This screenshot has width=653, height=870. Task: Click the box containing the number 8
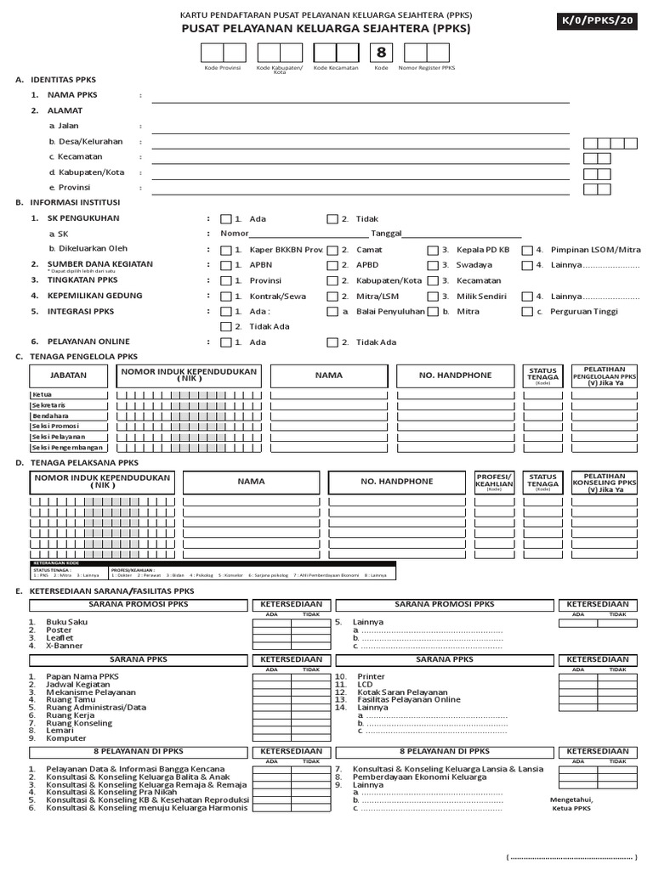point(381,53)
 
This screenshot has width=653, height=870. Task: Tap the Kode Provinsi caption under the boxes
point(223,67)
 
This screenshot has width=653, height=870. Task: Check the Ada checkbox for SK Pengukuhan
point(225,218)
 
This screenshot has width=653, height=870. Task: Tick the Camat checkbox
point(332,250)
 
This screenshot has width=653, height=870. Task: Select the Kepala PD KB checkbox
point(433,250)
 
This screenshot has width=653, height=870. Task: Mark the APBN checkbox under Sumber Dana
point(225,265)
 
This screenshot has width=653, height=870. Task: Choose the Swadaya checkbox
point(433,265)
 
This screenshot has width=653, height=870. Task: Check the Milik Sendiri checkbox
point(433,297)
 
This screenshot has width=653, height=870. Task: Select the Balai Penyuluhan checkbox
point(332,312)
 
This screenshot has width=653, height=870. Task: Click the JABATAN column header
point(68,375)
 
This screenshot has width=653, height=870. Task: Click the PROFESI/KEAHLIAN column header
point(494,482)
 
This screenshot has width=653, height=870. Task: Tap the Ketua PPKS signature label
point(571,809)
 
